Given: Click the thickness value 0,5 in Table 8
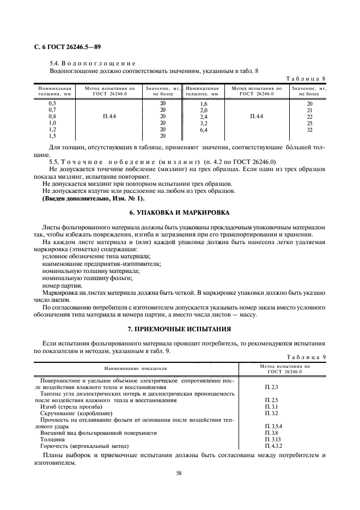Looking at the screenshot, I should click(x=52, y=103).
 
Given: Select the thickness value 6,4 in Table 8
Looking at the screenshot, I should click(x=204, y=130).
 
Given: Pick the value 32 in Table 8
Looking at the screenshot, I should click(x=309, y=130).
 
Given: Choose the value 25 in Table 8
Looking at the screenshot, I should click(x=309, y=123).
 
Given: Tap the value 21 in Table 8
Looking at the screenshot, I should click(x=309, y=110).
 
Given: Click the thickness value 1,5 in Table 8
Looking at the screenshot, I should click(x=52, y=136).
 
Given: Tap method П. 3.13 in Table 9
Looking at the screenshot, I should click(x=272, y=439).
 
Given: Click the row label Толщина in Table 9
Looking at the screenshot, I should click(x=51, y=439).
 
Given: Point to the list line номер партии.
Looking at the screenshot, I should click(x=62, y=286).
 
